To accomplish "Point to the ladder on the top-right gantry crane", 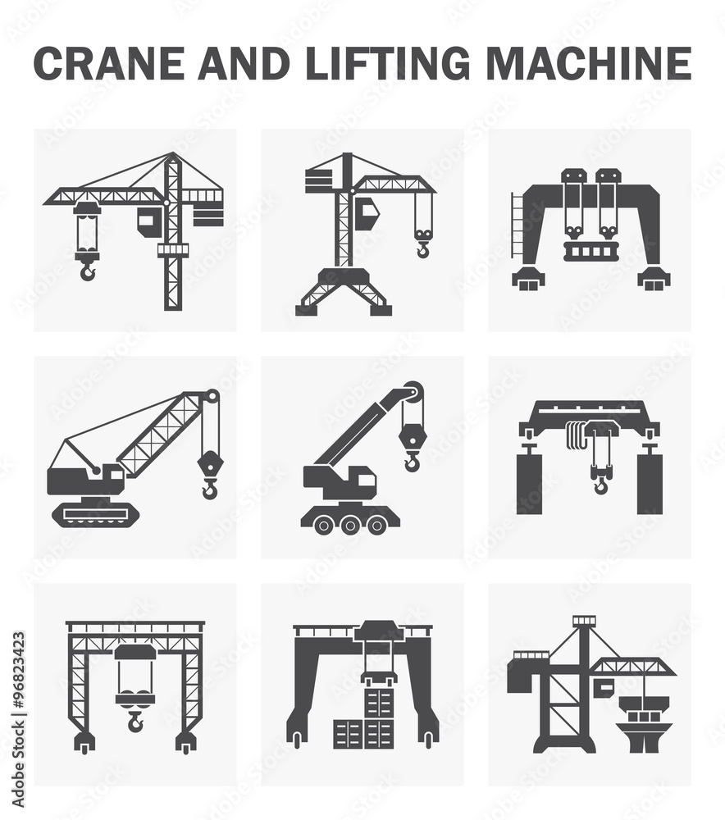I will tap(517, 225).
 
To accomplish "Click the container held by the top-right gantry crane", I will tap(588, 250).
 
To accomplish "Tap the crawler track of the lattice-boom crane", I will tap(95, 513).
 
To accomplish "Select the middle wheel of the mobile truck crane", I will tap(350, 524).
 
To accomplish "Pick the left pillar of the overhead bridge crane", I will tap(529, 484).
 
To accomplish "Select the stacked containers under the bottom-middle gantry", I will tap(366, 722).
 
